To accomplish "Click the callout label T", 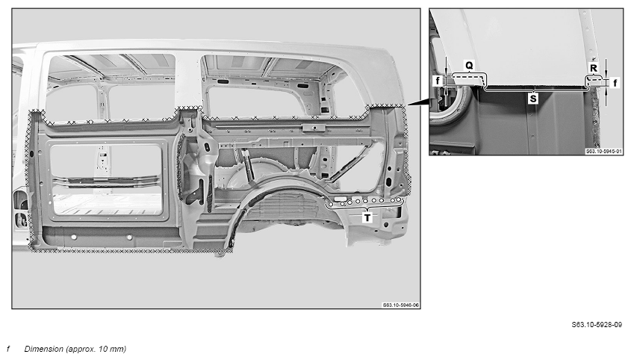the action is [367, 218].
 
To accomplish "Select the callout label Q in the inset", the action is [469, 65].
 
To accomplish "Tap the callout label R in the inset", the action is [594, 68].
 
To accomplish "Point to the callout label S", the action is [533, 99].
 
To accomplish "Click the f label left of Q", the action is [438, 81].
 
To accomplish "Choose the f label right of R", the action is [615, 83].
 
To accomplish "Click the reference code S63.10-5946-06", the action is [400, 305].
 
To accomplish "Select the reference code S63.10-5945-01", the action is [603, 152].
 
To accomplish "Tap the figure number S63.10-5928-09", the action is [597, 325].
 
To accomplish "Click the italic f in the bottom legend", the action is [8, 349].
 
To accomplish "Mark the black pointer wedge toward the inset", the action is [417, 102].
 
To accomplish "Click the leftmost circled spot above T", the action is [330, 205].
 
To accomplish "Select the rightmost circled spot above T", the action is [398, 199].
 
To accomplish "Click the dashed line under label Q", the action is [468, 76].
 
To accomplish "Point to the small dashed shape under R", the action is [594, 81].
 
